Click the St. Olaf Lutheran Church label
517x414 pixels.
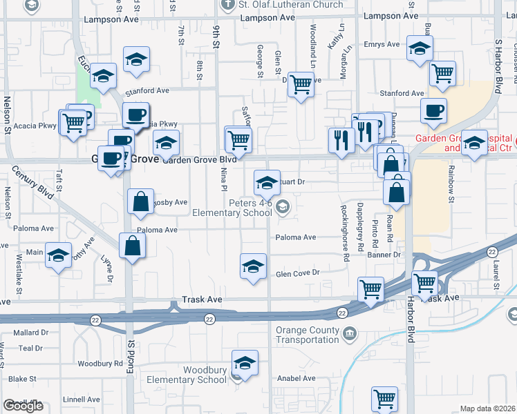coord(290,5)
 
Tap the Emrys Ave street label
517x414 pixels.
coord(383,45)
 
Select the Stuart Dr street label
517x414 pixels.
coord(292,182)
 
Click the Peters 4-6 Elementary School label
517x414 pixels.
coord(232,207)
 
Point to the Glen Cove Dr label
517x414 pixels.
coord(298,273)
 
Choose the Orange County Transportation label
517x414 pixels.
coord(308,335)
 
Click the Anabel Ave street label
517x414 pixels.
coord(296,378)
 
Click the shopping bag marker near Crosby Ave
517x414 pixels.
coord(141,201)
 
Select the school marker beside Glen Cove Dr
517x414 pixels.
coord(254,266)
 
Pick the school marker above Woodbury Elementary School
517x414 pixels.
coord(245,362)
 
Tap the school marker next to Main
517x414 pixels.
coord(59,255)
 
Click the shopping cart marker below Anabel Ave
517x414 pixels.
coord(384,398)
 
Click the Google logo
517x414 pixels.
coord(23,406)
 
